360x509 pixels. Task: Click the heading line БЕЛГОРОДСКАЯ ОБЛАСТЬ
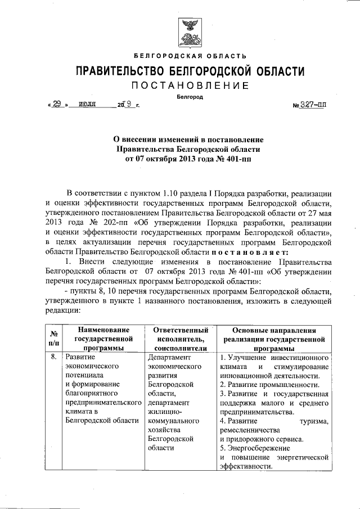click(x=190, y=56)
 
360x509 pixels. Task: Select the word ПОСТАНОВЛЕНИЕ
click(x=190, y=85)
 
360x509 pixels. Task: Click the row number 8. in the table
click(x=53, y=357)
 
